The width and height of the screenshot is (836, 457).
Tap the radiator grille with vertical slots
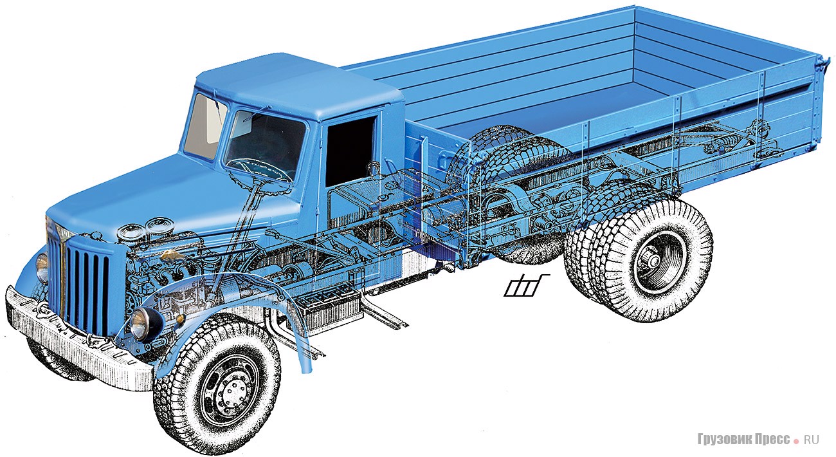tap(87, 283)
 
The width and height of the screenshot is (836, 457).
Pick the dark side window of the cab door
tap(351, 149)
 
